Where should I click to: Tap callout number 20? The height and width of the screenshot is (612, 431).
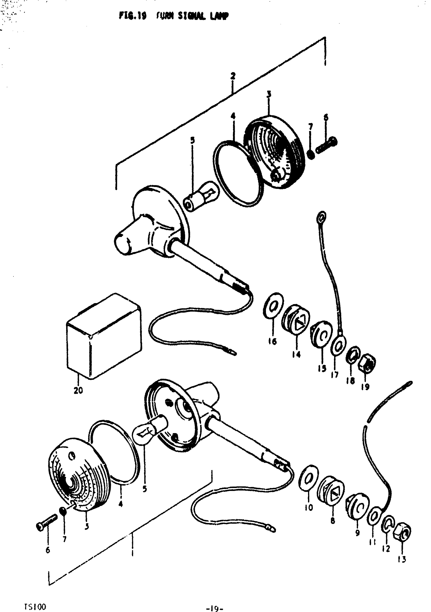click(x=78, y=391)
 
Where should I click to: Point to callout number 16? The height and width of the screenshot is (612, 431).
click(x=273, y=341)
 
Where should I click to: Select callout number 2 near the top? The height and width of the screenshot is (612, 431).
click(x=233, y=76)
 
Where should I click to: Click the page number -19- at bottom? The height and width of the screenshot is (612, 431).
click(x=215, y=601)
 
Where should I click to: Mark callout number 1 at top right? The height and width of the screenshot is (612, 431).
click(x=325, y=63)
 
